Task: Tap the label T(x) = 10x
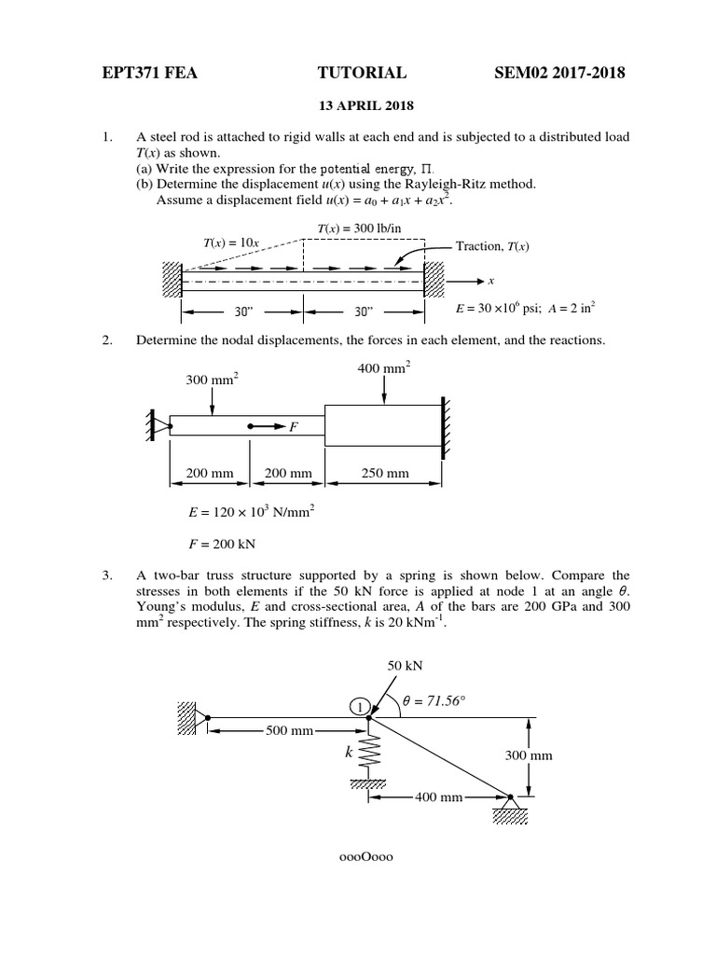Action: tap(231, 242)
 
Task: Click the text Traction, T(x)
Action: tap(492, 246)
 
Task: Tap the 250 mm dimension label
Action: tap(385, 473)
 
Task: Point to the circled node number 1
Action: tap(361, 707)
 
